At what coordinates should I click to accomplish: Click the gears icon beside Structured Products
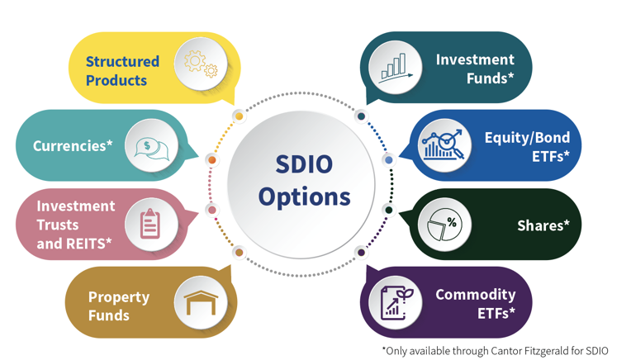pyautogui.click(x=201, y=64)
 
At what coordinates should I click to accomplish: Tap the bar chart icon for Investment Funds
pyautogui.click(x=395, y=68)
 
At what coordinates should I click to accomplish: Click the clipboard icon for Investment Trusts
pyautogui.click(x=150, y=224)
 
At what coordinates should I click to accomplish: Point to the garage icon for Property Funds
pyautogui.click(x=201, y=302)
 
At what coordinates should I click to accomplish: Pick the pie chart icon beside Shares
pyautogui.click(x=444, y=224)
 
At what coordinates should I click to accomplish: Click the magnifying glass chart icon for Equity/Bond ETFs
pyautogui.click(x=443, y=144)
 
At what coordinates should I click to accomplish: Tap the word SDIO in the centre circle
pyautogui.click(x=304, y=164)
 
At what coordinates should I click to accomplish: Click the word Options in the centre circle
pyautogui.click(x=304, y=197)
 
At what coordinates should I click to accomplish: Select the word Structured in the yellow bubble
pyautogui.click(x=122, y=62)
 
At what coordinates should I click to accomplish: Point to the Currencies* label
pyautogui.click(x=73, y=145)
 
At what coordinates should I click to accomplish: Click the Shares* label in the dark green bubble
pyautogui.click(x=543, y=225)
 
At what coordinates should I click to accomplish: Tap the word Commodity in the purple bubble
pyautogui.click(x=475, y=295)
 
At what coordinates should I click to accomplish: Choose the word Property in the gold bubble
pyautogui.click(x=119, y=297)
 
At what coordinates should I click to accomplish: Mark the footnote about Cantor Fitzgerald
pyautogui.click(x=495, y=351)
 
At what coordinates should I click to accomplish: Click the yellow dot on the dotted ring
pyautogui.click(x=239, y=116)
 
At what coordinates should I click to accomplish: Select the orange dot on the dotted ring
pyautogui.click(x=212, y=160)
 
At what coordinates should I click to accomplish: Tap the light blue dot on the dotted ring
pyautogui.click(x=389, y=160)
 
